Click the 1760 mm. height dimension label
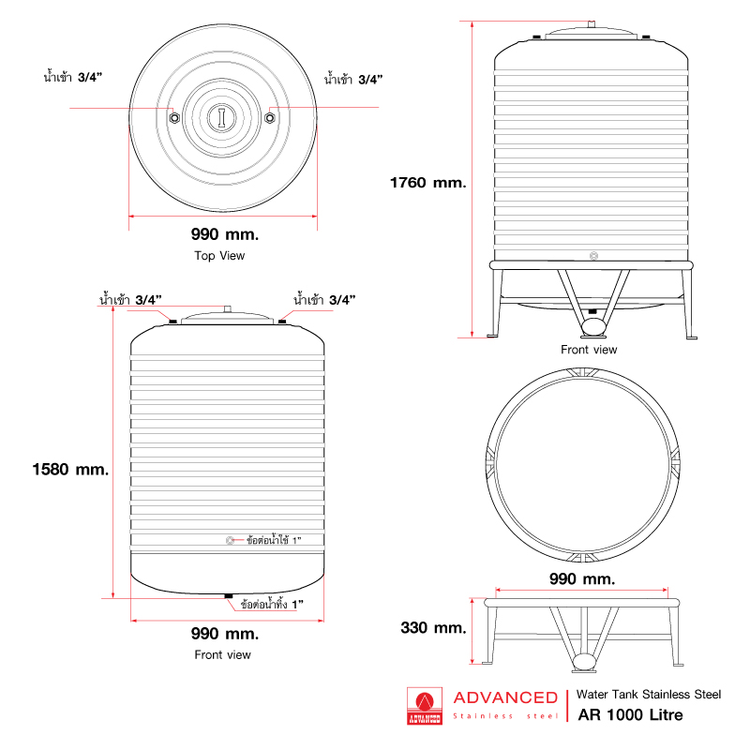coord(427,183)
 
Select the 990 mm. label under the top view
coord(223,233)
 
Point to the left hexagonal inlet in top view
coord(175,117)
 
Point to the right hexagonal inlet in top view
coord(270,117)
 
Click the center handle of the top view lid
coord(222,116)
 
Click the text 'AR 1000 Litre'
coord(630,715)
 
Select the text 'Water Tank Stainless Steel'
coord(649,695)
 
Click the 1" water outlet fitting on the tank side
coord(231,541)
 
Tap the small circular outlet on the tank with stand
coord(593,255)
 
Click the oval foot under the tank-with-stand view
coord(593,327)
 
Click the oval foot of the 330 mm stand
coord(584,662)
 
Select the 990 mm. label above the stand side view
coord(582,579)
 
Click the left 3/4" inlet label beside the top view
coord(72,76)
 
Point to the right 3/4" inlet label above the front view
coord(324,300)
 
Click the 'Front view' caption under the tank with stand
coord(589,350)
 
